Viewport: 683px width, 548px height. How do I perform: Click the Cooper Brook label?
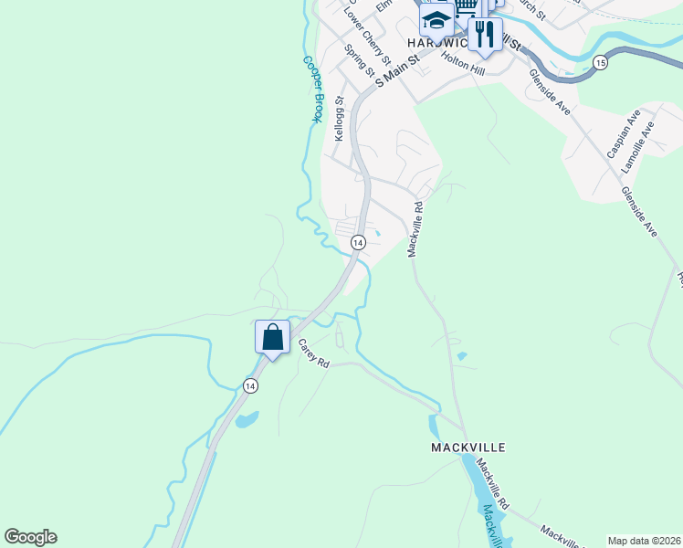tap(312, 90)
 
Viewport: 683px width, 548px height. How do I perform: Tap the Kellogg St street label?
tap(339, 119)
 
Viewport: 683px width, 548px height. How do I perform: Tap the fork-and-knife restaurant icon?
tap(485, 35)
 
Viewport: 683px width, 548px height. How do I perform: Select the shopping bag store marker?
tap(272, 337)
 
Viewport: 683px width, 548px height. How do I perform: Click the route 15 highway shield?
tap(599, 62)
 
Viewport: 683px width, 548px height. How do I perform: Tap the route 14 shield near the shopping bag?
tap(250, 386)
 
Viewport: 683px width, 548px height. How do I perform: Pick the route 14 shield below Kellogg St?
tap(358, 242)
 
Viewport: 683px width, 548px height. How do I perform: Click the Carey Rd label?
tap(313, 353)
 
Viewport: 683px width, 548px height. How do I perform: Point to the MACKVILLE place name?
tap(468, 448)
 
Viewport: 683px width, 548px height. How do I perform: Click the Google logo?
tap(31, 537)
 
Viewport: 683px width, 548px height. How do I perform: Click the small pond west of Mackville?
tap(246, 420)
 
